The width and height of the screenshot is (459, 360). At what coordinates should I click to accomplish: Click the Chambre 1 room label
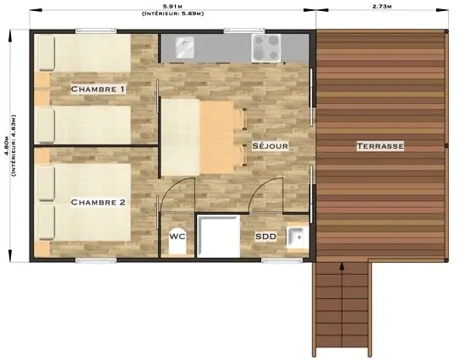coord(98,89)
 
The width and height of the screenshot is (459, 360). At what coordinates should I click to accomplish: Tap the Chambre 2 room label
coord(98,202)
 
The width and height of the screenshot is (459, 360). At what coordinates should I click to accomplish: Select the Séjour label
coord(270,145)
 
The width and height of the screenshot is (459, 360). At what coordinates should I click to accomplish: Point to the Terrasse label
coord(380,145)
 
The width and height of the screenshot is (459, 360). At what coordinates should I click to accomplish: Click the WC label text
coord(178,236)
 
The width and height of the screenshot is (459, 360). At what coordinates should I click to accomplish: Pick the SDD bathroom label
coord(265,236)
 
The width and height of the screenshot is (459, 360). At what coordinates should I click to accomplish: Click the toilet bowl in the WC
coord(178,241)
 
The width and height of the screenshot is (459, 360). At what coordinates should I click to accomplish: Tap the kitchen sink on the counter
coord(184,46)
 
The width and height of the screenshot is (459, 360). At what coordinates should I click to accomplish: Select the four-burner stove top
coord(266,48)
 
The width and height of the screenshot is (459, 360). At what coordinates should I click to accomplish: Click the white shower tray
coord(219,237)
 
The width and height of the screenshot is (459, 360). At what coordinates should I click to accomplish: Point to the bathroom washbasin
coord(297,237)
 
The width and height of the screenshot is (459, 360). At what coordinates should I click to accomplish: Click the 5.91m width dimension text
coord(172,6)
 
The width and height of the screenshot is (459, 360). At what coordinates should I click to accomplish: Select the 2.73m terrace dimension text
coord(382,6)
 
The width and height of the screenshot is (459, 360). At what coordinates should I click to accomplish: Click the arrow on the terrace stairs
coord(342,304)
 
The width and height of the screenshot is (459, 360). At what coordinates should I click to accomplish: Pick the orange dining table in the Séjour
coord(217,137)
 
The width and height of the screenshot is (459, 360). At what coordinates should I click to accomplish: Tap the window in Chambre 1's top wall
coord(96,30)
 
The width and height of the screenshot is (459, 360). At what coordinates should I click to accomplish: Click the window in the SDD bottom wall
coord(281,260)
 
